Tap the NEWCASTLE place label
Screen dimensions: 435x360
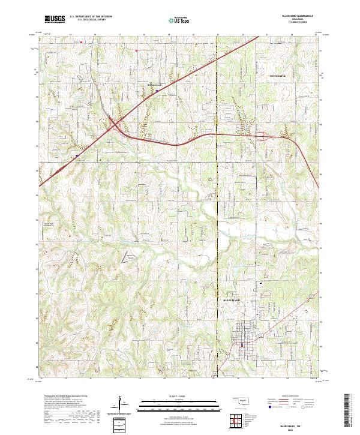(277, 77)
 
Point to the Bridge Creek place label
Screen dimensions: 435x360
(155, 84)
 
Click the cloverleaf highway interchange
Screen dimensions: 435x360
(114, 125)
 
